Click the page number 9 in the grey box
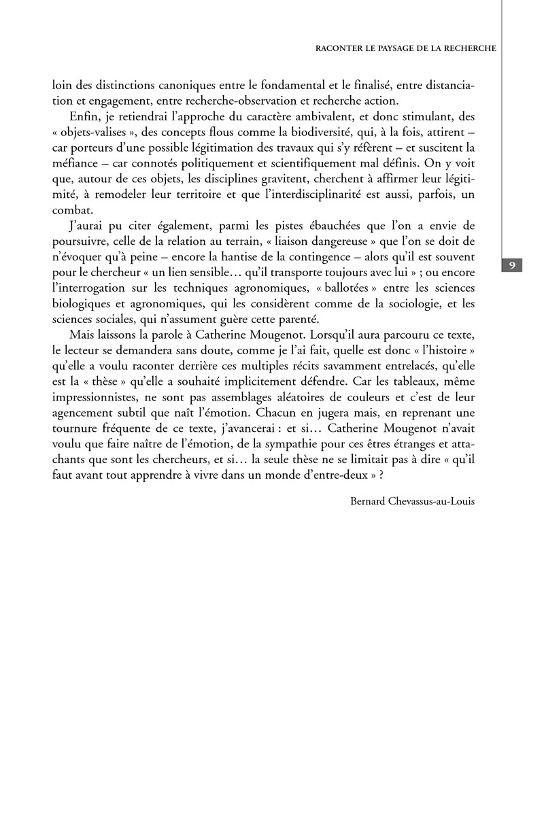511,265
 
